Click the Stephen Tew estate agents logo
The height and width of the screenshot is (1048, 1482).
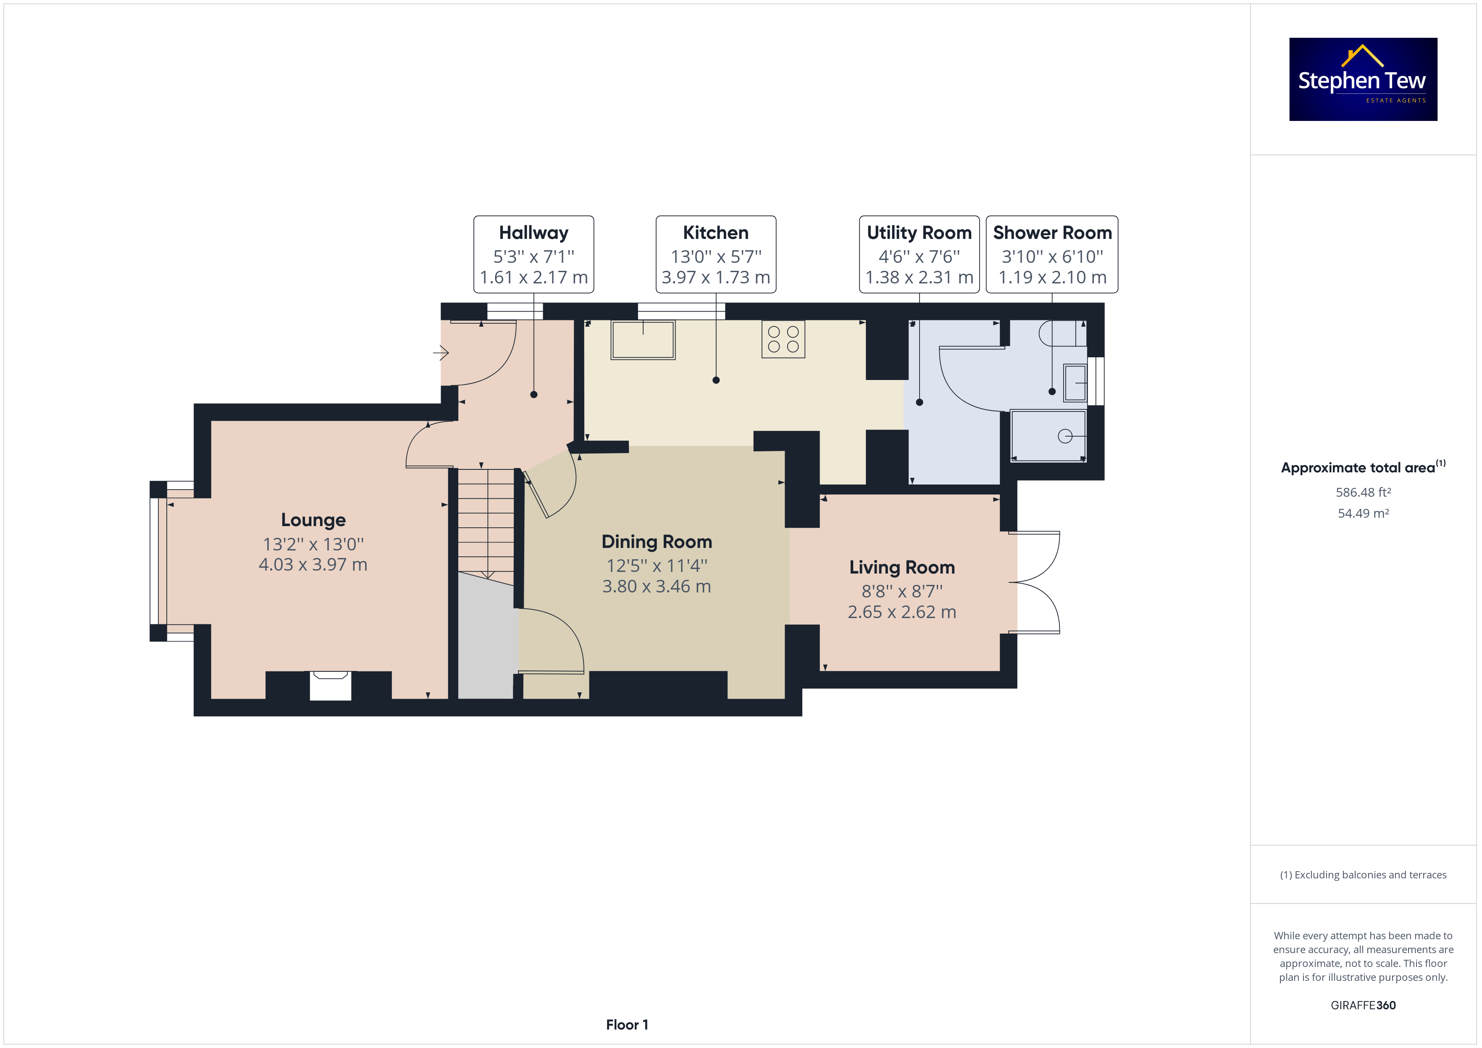pos(1363,79)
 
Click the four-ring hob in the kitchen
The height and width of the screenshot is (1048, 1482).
pos(783,339)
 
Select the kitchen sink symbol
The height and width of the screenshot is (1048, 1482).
pos(643,339)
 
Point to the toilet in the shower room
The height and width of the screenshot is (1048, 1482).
pos(1062,333)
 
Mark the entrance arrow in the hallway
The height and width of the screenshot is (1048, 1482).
pos(441,353)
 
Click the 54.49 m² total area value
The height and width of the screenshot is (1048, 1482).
pos(1363,513)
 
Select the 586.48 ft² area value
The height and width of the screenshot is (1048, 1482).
pos(1363,493)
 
